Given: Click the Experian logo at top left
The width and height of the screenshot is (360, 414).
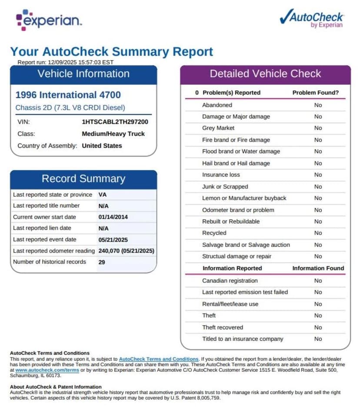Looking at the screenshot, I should pos(49,20).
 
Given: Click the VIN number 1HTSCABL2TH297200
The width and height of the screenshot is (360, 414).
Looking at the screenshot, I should pos(115,122).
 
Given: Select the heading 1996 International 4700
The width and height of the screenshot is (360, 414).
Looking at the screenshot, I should pos(68,95).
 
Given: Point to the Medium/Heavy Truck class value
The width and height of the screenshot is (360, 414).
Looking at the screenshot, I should pos(113,134).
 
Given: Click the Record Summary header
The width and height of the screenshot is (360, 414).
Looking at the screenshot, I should pos(83,179).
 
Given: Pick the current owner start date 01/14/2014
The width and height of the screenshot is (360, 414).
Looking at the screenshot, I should pos(113,217).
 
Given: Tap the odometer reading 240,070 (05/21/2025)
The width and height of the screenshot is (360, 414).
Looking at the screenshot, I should pos(126,251).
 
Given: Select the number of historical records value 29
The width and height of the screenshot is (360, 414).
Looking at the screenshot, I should pos(102,262).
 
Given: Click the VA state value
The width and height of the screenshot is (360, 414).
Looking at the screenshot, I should pos(103,195).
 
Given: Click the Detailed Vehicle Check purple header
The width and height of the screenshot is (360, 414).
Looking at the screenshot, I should pos(265,74).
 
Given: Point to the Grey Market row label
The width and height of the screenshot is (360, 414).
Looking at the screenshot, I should pos(218,128).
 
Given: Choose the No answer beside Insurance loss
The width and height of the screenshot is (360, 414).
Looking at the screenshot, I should pos(318,175).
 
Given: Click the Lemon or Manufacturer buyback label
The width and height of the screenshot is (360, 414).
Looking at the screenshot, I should pos(244,198).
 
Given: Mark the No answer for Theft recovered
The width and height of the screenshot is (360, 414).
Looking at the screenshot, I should pos(318,327).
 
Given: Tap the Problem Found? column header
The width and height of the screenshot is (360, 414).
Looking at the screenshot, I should pos(315,93).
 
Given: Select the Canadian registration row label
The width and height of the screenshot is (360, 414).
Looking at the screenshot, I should pos(230,281).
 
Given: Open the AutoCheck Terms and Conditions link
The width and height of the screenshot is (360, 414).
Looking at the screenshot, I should pos(159,359).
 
